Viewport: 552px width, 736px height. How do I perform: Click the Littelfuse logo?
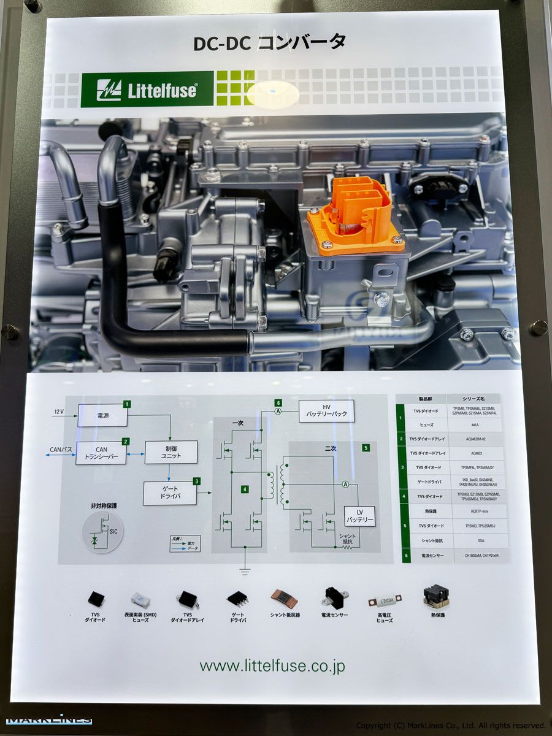(147, 90)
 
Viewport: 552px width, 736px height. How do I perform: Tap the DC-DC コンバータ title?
(269, 42)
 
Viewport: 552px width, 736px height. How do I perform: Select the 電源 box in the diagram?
(102, 415)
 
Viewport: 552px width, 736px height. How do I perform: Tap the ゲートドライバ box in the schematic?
(170, 493)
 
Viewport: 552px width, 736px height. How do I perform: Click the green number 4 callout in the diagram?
(244, 489)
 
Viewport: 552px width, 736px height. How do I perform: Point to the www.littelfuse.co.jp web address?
(272, 665)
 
